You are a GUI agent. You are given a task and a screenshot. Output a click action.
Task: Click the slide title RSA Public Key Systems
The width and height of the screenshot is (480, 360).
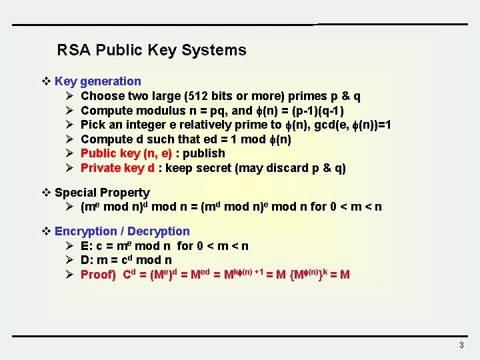pyautogui.click(x=151, y=50)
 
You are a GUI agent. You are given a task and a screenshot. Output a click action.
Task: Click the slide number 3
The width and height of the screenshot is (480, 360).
pyautogui.click(x=461, y=345)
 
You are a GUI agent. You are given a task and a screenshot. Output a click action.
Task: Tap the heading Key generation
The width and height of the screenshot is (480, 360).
pyautogui.click(x=98, y=81)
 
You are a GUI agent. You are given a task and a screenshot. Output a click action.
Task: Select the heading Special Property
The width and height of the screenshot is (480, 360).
pyautogui.click(x=102, y=193)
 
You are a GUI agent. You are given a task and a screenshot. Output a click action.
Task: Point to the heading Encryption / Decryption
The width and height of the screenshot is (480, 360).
pyautogui.click(x=122, y=231)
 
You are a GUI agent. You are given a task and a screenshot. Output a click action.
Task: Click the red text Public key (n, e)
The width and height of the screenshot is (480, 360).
pyautogui.click(x=125, y=153)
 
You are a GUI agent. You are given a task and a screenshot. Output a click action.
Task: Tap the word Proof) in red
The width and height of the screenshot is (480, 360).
pyautogui.click(x=98, y=275)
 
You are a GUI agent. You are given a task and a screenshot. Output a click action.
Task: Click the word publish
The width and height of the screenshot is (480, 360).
pyautogui.click(x=204, y=153)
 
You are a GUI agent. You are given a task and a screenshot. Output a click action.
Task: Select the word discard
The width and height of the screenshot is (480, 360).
pyautogui.click(x=289, y=168)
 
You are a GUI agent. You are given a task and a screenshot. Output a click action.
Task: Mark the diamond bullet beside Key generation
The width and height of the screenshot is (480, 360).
pyautogui.click(x=46, y=81)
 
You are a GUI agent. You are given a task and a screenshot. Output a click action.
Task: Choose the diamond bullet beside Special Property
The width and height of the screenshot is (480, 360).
pyautogui.click(x=46, y=193)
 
